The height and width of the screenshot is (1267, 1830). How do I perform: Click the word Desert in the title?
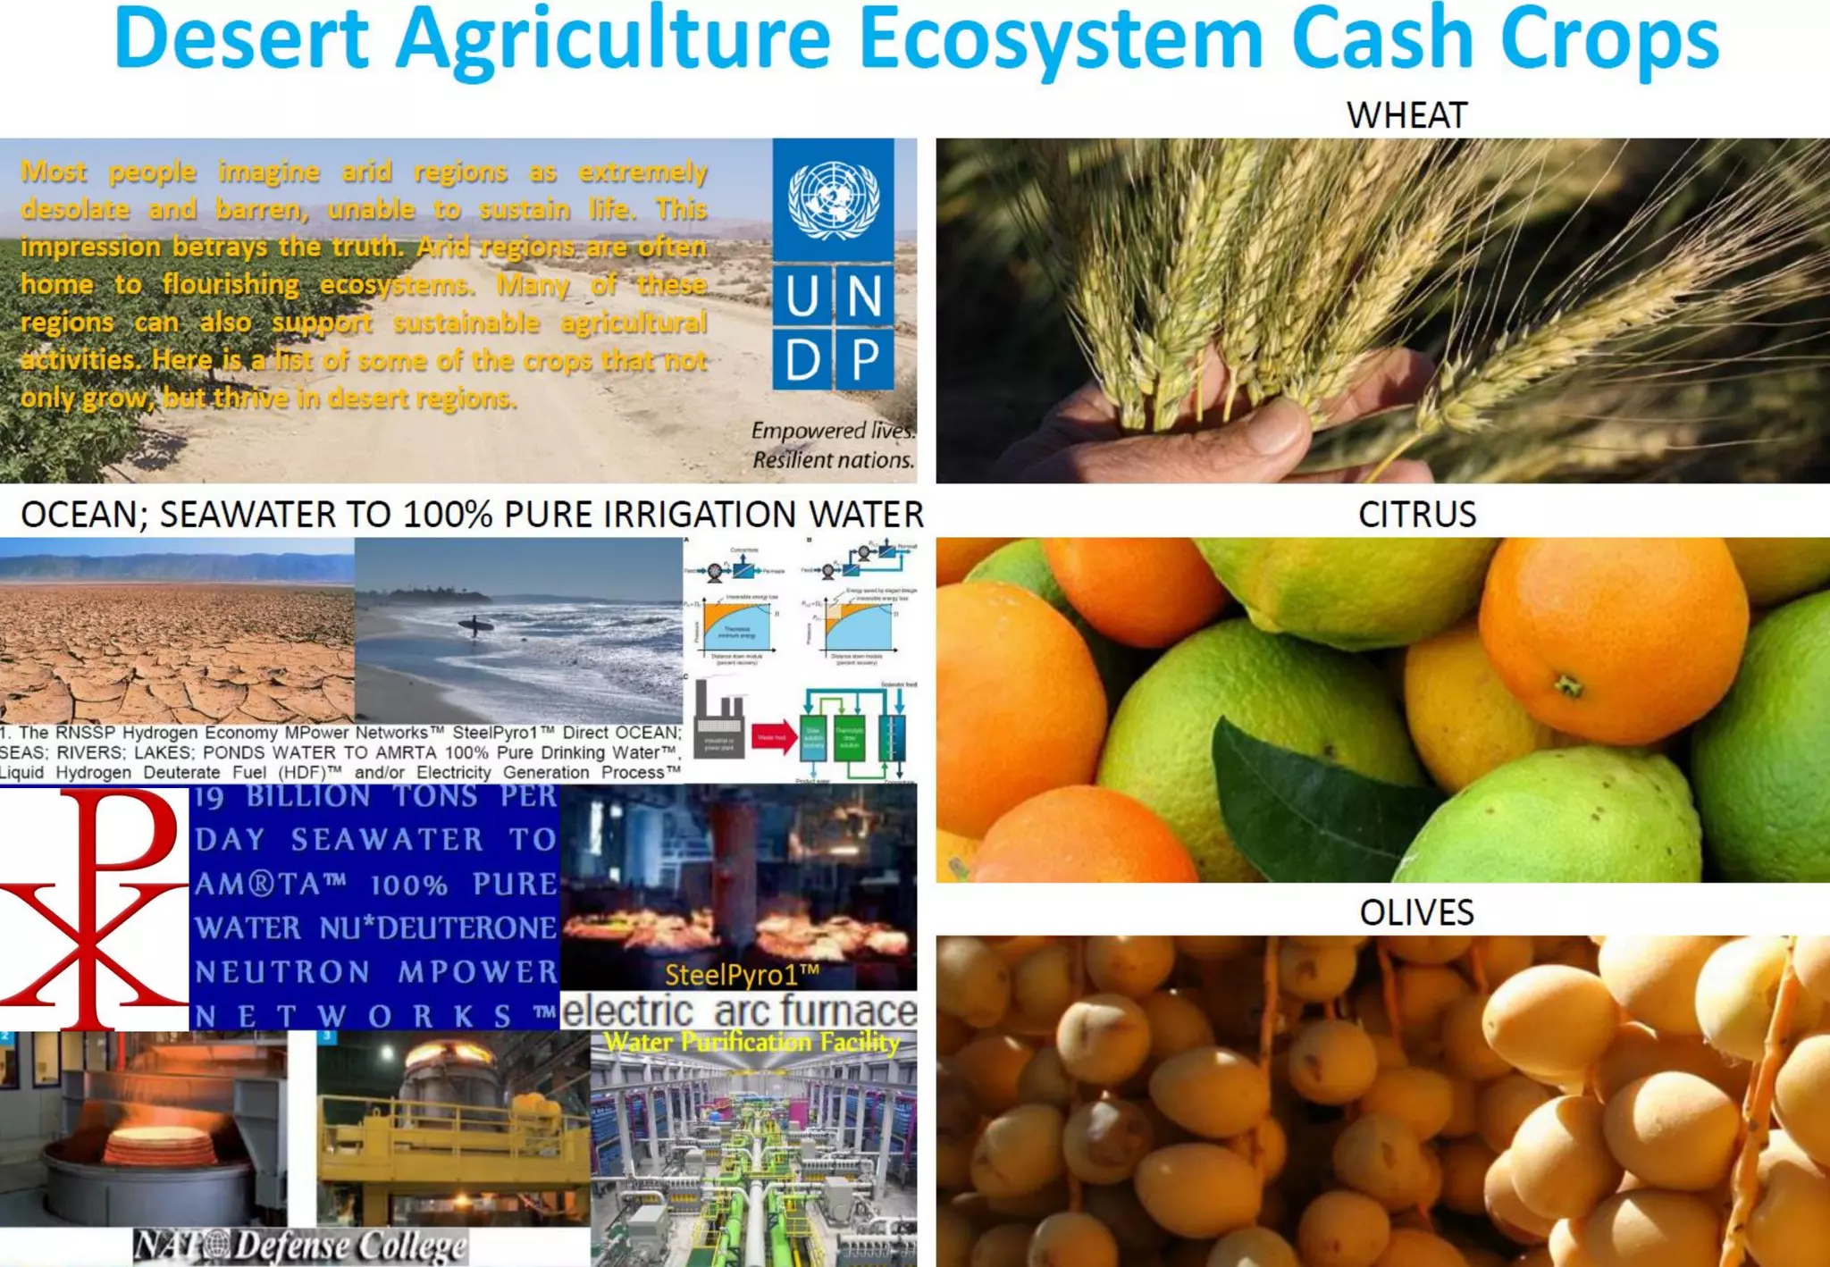241,39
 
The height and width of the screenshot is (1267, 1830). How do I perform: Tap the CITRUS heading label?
1416,515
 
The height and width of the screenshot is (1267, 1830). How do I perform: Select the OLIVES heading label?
1416,912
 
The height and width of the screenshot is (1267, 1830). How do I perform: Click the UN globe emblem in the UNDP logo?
833,199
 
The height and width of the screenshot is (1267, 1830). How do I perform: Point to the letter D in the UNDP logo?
802,360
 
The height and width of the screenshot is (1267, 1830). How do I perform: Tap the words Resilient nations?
833,460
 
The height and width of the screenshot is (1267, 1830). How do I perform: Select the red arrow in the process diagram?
774,737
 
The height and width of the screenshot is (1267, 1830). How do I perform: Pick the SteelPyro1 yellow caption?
742,975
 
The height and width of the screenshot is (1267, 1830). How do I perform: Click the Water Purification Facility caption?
752,1042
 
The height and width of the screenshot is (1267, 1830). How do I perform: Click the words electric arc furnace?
739,1011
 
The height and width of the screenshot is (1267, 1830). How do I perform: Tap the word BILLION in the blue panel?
308,796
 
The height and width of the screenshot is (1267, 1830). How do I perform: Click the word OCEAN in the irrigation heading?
79,515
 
